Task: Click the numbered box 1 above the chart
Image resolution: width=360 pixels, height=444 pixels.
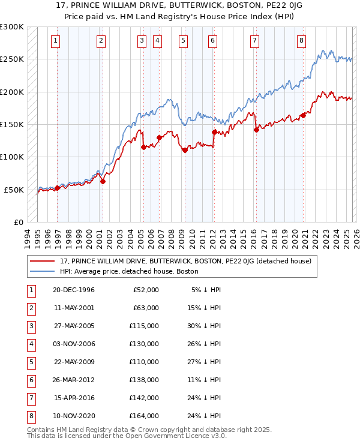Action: [55, 41]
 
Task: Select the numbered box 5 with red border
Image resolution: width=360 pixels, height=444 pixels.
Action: [183, 41]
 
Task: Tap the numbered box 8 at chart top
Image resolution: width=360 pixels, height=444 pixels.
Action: [301, 41]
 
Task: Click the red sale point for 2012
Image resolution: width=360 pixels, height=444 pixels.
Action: [214, 132]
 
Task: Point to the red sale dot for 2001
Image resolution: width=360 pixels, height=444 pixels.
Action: [103, 181]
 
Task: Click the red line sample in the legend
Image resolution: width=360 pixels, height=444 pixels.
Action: [43, 262]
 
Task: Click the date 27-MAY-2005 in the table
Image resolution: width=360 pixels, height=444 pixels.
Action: [73, 327]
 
